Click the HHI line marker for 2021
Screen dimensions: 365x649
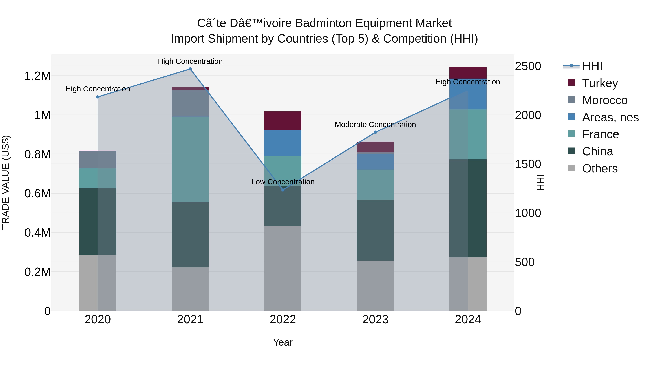pyautogui.click(x=190, y=69)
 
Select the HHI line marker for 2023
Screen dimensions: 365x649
pyautogui.click(x=375, y=132)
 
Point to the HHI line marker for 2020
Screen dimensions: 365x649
pyautogui.click(x=98, y=97)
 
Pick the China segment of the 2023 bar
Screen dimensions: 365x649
pyautogui.click(x=375, y=230)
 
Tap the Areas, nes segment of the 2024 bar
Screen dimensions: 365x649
pyautogui.click(x=468, y=94)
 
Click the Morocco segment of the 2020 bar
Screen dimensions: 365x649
pyautogui.click(x=98, y=160)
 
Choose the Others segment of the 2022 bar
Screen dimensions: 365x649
pyautogui.click(x=283, y=268)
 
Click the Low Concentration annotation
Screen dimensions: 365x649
pyautogui.click(x=283, y=182)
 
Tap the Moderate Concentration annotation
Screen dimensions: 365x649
pyautogui.click(x=375, y=125)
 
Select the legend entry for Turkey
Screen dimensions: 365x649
pyautogui.click(x=600, y=83)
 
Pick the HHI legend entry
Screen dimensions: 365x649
pyautogui.click(x=592, y=66)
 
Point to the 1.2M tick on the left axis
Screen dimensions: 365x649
pyautogui.click(x=37, y=76)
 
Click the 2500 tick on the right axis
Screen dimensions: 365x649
pyautogui.click(x=528, y=66)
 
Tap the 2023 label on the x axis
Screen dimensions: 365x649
pyautogui.click(x=375, y=320)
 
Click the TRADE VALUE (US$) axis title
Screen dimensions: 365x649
pyautogui.click(x=6, y=182)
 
